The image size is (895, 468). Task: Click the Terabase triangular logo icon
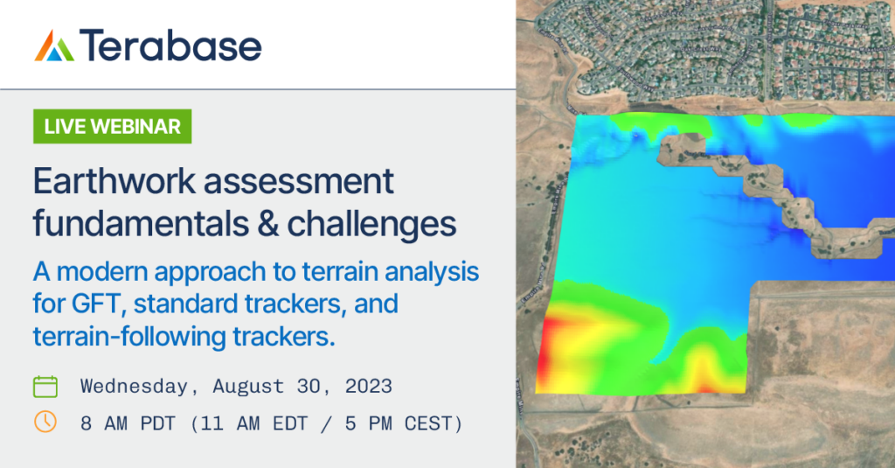[x=54, y=45]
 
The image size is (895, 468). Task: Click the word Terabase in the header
[x=170, y=45]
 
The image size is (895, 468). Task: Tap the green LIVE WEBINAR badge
[x=112, y=126]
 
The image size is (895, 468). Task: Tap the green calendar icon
[x=45, y=386]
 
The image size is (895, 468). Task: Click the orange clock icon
[x=45, y=423]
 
